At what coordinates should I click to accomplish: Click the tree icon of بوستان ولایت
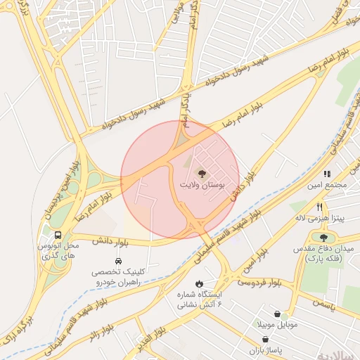click(202, 173)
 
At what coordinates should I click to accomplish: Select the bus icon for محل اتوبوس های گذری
click(58, 235)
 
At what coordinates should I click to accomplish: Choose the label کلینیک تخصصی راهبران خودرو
click(118, 276)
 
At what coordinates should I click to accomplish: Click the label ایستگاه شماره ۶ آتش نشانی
click(199, 299)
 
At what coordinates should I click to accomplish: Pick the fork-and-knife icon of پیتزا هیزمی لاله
click(319, 207)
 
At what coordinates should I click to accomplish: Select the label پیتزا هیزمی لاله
click(320, 218)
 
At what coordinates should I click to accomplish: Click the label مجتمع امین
click(328, 185)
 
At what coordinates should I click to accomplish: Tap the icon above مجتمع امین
click(327, 174)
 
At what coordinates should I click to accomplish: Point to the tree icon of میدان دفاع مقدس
click(323, 238)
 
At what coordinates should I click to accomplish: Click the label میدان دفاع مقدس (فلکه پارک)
click(328, 254)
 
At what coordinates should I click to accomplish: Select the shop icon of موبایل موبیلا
click(278, 314)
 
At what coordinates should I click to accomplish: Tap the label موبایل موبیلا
click(278, 324)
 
